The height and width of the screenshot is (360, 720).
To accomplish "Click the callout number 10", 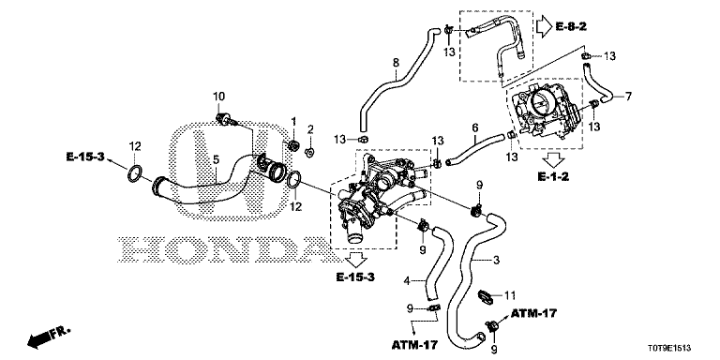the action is [218, 97].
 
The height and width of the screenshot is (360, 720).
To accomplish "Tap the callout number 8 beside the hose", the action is [397, 63].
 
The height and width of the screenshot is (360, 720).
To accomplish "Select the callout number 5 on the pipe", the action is [216, 159].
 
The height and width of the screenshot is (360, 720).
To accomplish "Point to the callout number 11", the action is [510, 294].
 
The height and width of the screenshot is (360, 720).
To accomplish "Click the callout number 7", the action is [628, 97].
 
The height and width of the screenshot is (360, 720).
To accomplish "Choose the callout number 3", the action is [496, 261].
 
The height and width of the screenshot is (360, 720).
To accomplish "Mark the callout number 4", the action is [407, 280].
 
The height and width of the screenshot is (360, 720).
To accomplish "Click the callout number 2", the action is [310, 129].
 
